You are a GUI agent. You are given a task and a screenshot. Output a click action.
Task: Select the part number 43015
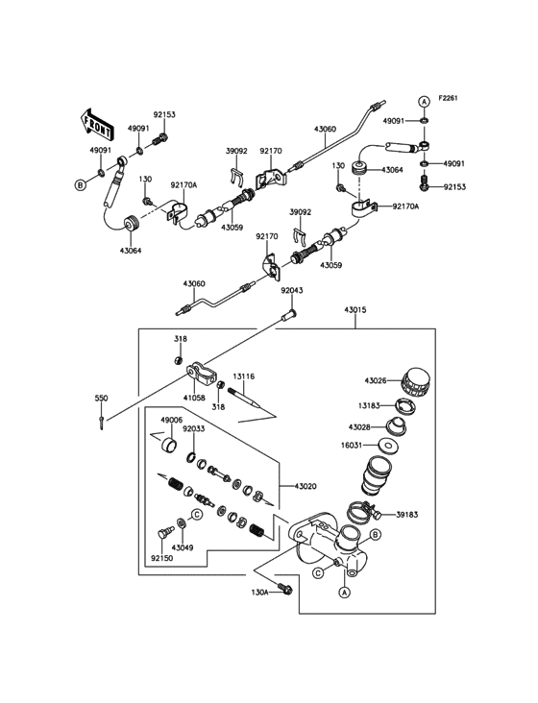coord(357,309)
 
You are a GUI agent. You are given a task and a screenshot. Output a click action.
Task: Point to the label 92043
coord(292,291)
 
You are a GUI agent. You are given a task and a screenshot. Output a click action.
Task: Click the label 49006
coord(172,420)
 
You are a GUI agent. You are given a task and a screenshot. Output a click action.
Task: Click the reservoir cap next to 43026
coord(415,381)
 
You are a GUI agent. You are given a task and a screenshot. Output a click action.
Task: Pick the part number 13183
coord(375,406)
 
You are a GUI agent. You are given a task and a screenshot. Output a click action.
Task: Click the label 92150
coord(161,556)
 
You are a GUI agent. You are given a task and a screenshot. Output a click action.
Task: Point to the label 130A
coord(260,593)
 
